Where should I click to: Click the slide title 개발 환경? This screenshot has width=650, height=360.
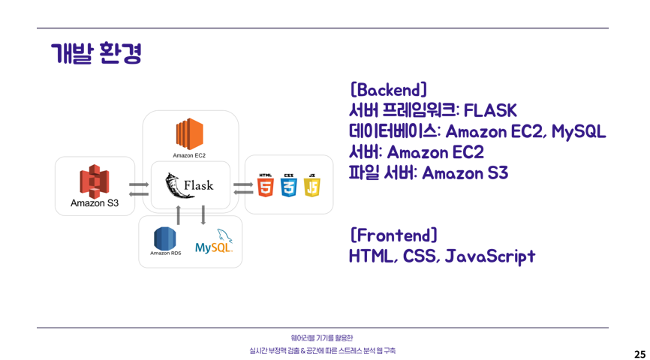click(96, 54)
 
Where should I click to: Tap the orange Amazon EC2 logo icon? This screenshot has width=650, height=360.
click(189, 133)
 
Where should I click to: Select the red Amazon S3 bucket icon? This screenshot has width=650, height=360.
click(95, 181)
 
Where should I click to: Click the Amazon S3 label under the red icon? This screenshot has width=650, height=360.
click(95, 202)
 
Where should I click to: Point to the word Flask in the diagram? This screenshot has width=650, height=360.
click(198, 185)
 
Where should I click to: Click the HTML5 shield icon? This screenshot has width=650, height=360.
click(266, 185)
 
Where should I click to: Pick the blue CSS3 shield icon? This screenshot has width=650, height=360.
click(289, 185)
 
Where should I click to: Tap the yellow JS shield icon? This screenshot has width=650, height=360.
click(311, 185)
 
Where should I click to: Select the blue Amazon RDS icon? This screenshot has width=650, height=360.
click(165, 238)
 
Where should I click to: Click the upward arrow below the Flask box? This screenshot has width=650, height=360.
click(178, 214)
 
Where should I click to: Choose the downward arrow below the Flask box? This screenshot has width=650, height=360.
click(203, 214)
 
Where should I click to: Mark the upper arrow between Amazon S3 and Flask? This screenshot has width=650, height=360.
click(139, 184)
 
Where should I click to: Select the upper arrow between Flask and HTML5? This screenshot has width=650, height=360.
click(243, 184)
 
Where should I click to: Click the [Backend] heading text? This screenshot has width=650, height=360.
click(389, 90)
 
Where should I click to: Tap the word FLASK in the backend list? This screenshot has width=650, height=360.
click(490, 111)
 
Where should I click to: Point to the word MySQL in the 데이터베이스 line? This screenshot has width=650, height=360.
click(578, 132)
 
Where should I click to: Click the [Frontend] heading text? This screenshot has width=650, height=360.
click(393, 235)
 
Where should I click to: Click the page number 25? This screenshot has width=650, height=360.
click(639, 354)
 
